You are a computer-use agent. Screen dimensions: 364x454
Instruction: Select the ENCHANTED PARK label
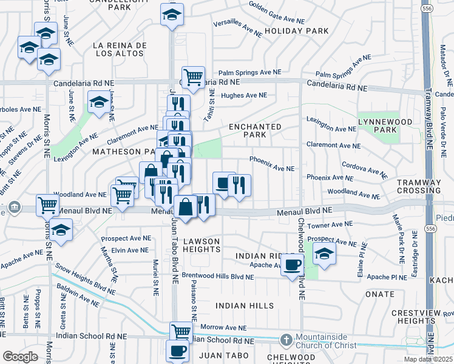point(255,130)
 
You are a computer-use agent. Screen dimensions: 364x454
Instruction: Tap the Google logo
point(20,357)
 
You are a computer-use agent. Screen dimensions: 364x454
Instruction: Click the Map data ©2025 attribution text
point(429,359)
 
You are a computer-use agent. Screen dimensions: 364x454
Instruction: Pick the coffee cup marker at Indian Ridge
point(293,265)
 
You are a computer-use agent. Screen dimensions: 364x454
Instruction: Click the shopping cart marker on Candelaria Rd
point(193,77)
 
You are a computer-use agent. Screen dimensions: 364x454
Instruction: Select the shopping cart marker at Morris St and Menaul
point(47,205)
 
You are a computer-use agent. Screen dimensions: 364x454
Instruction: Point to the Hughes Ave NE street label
point(244,95)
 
